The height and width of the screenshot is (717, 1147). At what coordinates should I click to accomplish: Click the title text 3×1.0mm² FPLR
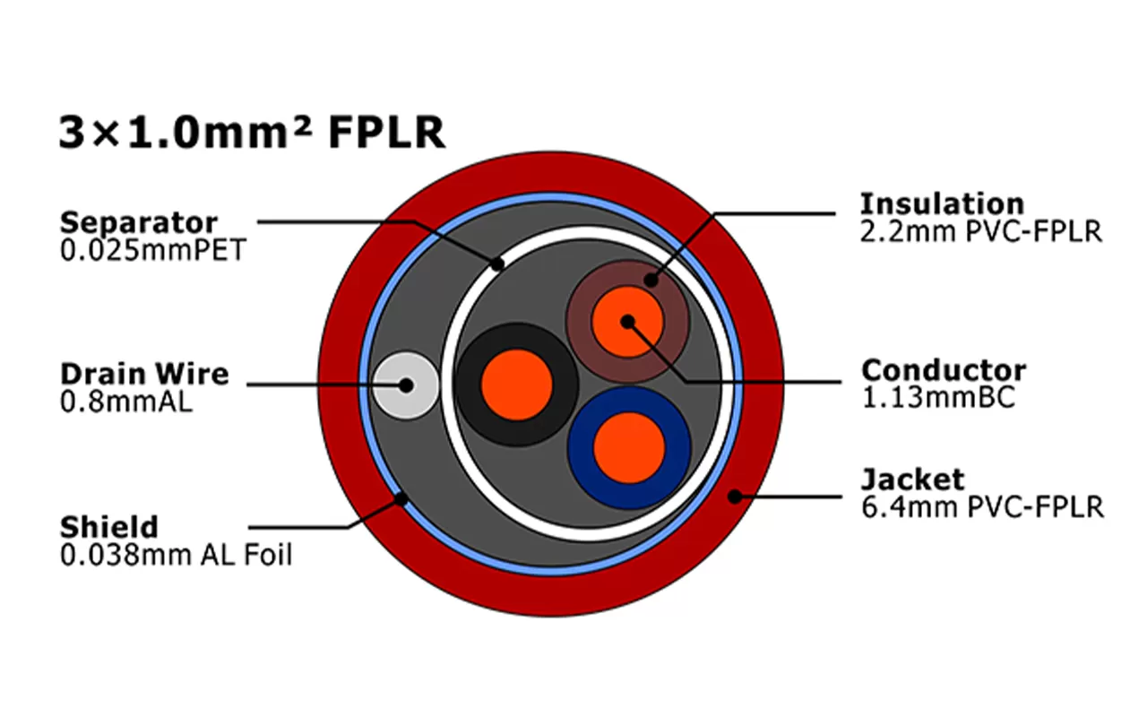click(252, 133)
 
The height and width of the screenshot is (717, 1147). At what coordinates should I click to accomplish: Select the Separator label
click(138, 222)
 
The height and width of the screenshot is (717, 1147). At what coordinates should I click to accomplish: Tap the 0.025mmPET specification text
click(151, 249)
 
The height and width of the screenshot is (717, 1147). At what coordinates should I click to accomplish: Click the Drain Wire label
click(144, 373)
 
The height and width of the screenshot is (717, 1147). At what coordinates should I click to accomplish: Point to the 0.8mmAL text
click(125, 401)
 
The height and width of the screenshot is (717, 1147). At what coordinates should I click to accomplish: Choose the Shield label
click(108, 526)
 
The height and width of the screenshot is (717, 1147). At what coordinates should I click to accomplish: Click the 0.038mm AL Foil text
click(176, 555)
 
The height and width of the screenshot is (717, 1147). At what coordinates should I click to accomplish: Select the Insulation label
click(942, 203)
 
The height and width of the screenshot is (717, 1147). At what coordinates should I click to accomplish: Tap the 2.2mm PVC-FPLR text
click(980, 231)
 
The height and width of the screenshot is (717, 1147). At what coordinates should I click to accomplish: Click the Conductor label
click(944, 369)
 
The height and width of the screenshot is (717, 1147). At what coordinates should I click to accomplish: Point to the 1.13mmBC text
click(938, 397)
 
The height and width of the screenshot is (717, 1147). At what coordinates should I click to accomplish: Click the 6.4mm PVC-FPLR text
click(982, 507)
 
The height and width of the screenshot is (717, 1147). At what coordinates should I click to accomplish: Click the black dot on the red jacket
click(736, 496)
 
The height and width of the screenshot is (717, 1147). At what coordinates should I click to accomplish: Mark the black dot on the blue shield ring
click(401, 497)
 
